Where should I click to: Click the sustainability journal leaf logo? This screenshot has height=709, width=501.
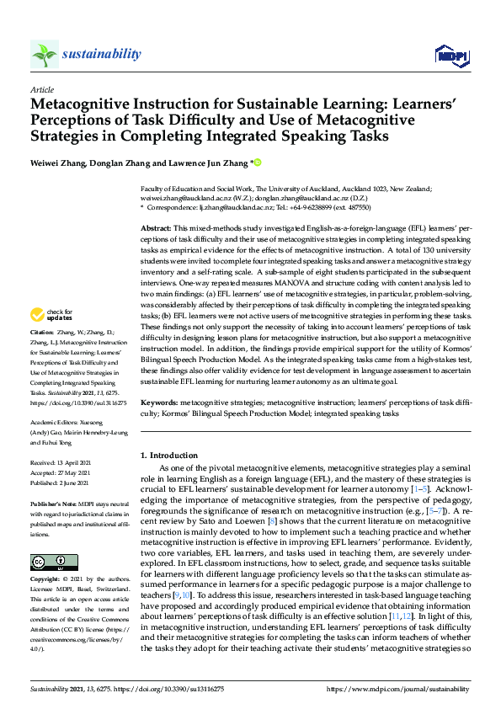coord(45,55)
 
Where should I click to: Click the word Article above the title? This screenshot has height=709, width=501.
coord(41,89)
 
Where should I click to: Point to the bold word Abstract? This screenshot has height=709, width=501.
coord(156,229)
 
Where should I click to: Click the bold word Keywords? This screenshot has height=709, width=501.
coord(159,403)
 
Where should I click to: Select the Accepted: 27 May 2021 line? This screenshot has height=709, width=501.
coord(64,473)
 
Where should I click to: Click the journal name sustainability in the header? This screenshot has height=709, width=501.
coord(101,55)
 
